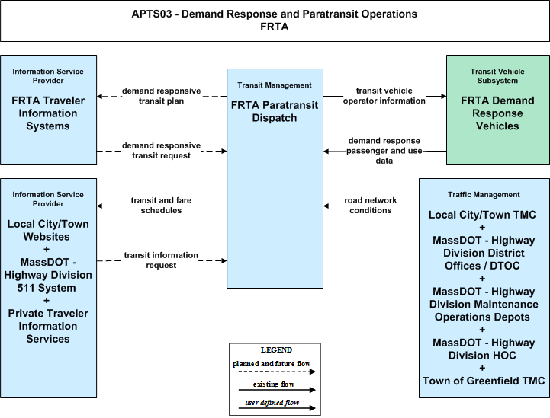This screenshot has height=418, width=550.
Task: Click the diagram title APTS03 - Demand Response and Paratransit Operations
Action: coord(275,14)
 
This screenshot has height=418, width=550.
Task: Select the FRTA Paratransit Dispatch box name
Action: coord(275,111)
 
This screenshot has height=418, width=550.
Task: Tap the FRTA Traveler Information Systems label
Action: coord(48,113)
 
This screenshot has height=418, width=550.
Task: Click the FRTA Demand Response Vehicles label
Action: coord(497,113)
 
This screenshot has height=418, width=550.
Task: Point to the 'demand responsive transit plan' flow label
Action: coord(162,96)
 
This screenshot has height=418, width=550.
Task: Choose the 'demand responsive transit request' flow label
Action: coord(162,151)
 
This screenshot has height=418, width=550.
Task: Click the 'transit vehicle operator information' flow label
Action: coord(384,96)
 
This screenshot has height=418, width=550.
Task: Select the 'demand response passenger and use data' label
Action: coord(384,151)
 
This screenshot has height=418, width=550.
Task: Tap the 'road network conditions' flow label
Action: coord(371,205)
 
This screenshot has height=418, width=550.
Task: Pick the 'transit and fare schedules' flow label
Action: coord(162,205)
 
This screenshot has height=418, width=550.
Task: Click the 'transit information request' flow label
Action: coord(162,260)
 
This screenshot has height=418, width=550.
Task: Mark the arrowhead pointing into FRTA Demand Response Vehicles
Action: coord(444,96)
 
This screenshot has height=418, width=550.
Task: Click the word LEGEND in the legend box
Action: coord(276,349)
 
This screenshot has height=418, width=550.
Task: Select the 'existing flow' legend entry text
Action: coord(274,384)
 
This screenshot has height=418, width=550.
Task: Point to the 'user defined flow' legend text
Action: coord(272,403)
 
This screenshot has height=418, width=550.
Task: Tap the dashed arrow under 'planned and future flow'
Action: coord(277,372)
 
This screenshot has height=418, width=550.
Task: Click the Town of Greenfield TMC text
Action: coord(484,381)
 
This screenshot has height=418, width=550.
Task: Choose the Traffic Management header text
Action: coord(484,195)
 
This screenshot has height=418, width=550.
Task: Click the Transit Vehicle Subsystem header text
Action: coord(497,76)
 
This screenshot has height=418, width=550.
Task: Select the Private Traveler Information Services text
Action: coord(48,326)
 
